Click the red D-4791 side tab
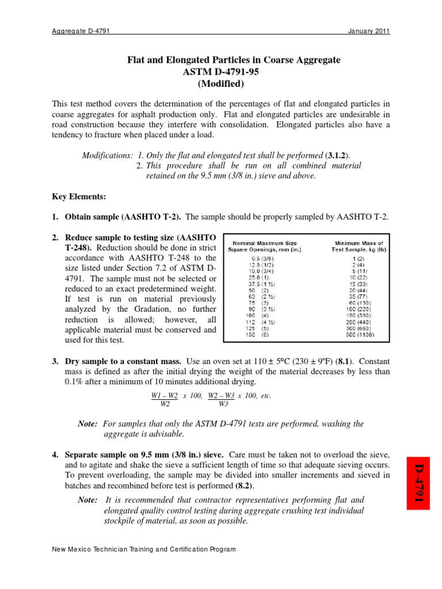click(x=419, y=483)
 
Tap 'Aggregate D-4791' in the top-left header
click(x=81, y=31)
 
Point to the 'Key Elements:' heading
click(x=79, y=197)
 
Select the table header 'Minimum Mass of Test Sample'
click(x=357, y=246)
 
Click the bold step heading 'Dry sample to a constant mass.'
click(x=123, y=361)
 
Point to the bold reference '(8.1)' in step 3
click(x=329, y=361)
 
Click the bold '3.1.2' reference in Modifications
click(x=337, y=156)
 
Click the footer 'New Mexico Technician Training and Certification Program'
click(x=144, y=549)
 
